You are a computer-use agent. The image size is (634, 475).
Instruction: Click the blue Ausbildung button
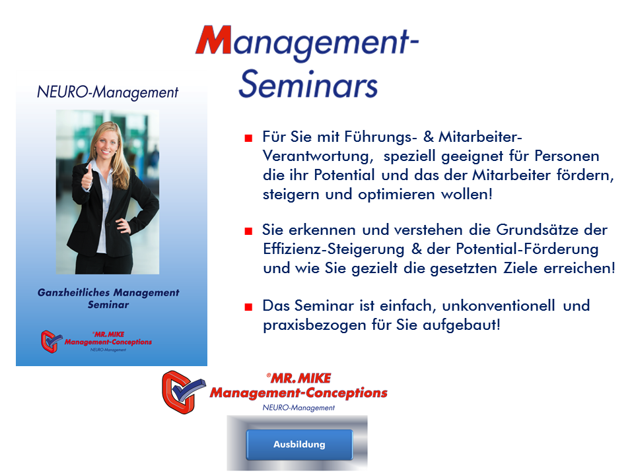299,444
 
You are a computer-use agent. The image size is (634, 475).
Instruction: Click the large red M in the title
214,40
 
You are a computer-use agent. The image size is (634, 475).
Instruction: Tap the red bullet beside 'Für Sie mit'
248,139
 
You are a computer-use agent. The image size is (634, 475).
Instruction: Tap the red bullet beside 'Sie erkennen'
248,231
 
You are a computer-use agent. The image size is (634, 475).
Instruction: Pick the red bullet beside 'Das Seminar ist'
248,307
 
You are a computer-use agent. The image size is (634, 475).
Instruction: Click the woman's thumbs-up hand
87,177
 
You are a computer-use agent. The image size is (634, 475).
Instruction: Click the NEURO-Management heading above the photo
108,92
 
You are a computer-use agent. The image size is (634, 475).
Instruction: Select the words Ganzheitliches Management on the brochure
108,292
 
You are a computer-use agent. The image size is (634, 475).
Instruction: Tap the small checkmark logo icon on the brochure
52,341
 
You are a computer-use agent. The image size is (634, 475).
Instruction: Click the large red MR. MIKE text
299,378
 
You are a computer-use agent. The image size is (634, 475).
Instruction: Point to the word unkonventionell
498,305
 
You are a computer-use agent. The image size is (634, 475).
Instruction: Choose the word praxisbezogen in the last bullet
314,325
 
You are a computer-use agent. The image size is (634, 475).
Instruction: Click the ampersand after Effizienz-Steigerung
417,249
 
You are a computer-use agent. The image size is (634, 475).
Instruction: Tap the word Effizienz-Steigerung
334,249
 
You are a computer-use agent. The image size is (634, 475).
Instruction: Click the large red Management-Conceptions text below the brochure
299,393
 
